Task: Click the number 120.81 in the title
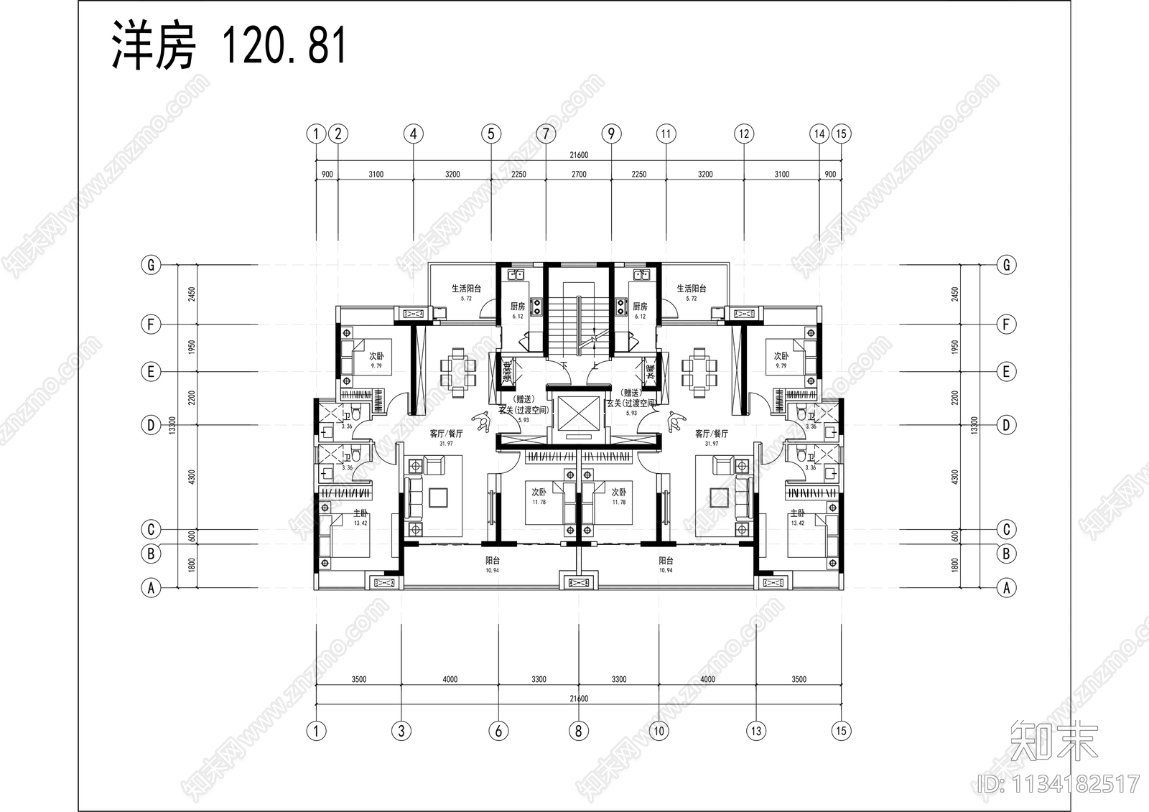pos(284,46)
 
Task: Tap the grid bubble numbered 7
pos(546,134)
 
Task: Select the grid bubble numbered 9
pos(611,134)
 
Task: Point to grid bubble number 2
pos(338,134)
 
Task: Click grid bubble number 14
pos(819,134)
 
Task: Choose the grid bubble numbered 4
pos(413,134)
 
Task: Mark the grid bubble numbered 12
pos(743,134)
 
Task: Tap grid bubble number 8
pos(578,731)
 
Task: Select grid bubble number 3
pos(401,731)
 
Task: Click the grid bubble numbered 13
pos(755,731)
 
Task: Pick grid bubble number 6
pos(498,731)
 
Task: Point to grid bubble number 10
pos(659,731)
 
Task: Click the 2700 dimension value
pos(579,174)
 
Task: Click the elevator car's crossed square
pos(578,412)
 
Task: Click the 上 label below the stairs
pos(595,366)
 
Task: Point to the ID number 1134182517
pos(1059,783)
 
